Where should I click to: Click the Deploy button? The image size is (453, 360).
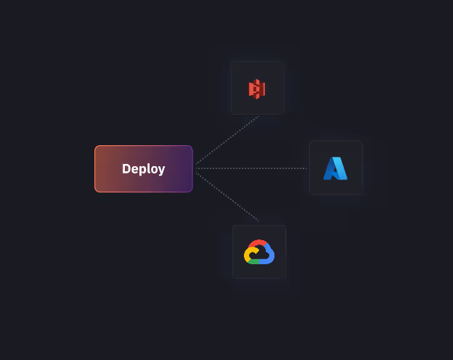143,168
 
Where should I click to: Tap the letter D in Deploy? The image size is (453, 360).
126,168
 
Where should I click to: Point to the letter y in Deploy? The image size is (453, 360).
161,170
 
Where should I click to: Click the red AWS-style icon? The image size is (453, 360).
257,89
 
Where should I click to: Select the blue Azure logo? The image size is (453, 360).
335,168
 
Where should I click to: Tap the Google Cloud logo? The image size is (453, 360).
259,252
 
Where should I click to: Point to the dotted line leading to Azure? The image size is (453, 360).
254,168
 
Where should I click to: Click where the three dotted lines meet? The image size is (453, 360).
195,168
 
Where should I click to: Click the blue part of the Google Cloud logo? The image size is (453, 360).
270,253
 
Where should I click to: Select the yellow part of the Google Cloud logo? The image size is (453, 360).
248,255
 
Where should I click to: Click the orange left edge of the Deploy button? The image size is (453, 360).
96,168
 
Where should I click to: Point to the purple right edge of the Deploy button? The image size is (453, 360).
191,168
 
